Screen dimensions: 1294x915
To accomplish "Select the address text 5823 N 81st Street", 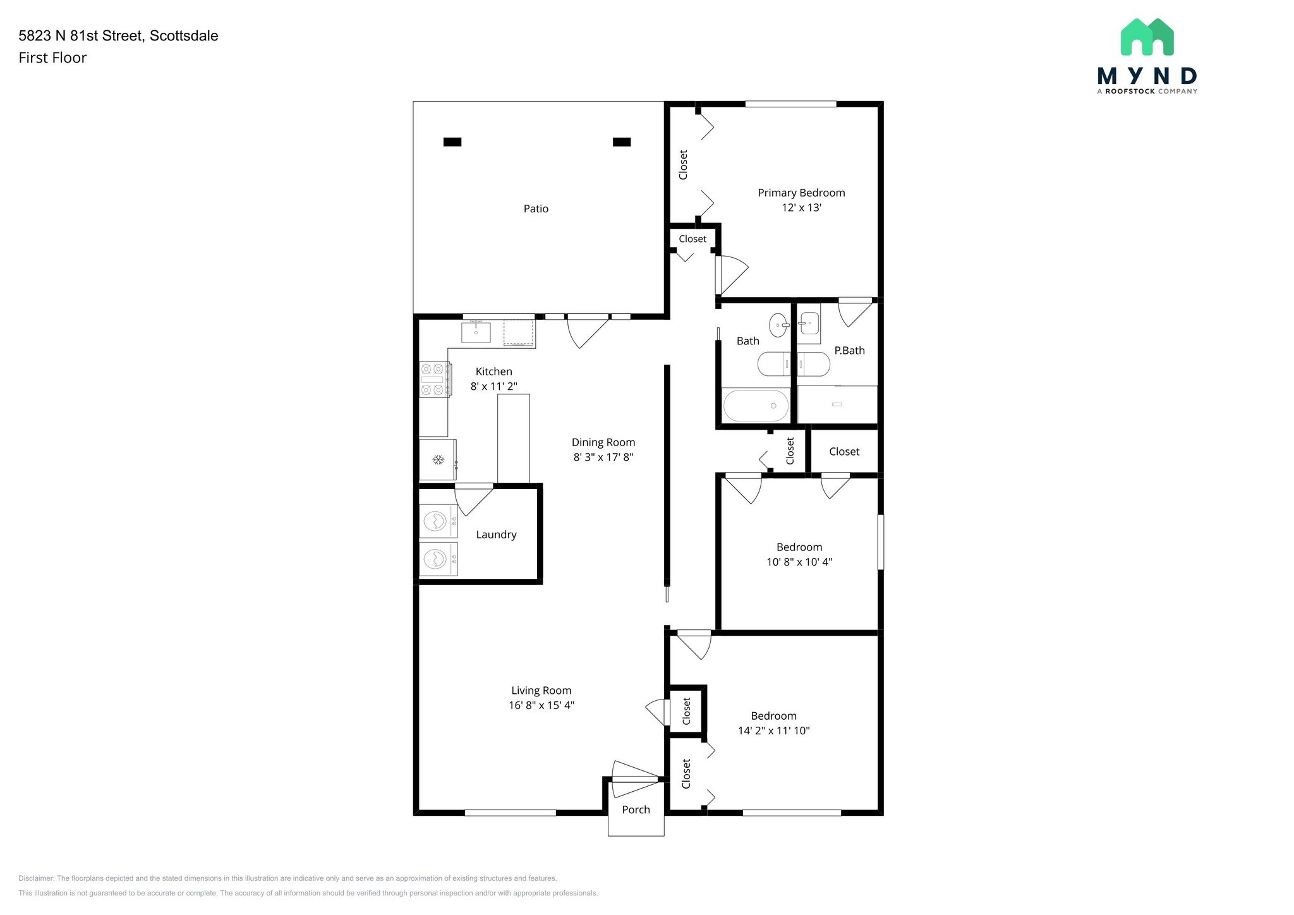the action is [x=82, y=35].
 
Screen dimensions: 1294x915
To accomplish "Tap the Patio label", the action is [x=536, y=209].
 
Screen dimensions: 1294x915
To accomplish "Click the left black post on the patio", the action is [x=452, y=142].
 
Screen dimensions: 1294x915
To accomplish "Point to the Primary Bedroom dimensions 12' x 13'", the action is [x=801, y=207].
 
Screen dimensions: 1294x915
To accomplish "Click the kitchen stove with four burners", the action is [x=435, y=379].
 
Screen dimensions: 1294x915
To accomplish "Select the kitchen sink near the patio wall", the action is [x=476, y=332].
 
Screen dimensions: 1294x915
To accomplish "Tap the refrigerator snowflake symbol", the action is [x=438, y=459].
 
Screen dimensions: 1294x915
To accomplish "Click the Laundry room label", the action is [x=496, y=535].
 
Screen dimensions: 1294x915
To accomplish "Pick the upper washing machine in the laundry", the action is [x=438, y=521].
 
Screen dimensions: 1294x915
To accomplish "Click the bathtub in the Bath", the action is [x=756, y=406].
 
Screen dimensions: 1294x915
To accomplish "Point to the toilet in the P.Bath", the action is [x=813, y=364].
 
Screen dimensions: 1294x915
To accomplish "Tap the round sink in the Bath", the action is [x=779, y=325].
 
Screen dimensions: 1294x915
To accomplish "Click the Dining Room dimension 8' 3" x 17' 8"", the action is [x=603, y=457].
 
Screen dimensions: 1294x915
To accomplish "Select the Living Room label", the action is [x=541, y=691].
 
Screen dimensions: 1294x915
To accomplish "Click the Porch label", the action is [x=636, y=809].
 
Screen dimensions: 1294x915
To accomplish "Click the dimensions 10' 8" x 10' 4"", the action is [x=799, y=562].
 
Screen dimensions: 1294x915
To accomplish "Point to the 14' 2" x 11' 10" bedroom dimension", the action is [x=773, y=730].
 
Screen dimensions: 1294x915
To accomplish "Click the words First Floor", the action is [x=52, y=58].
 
